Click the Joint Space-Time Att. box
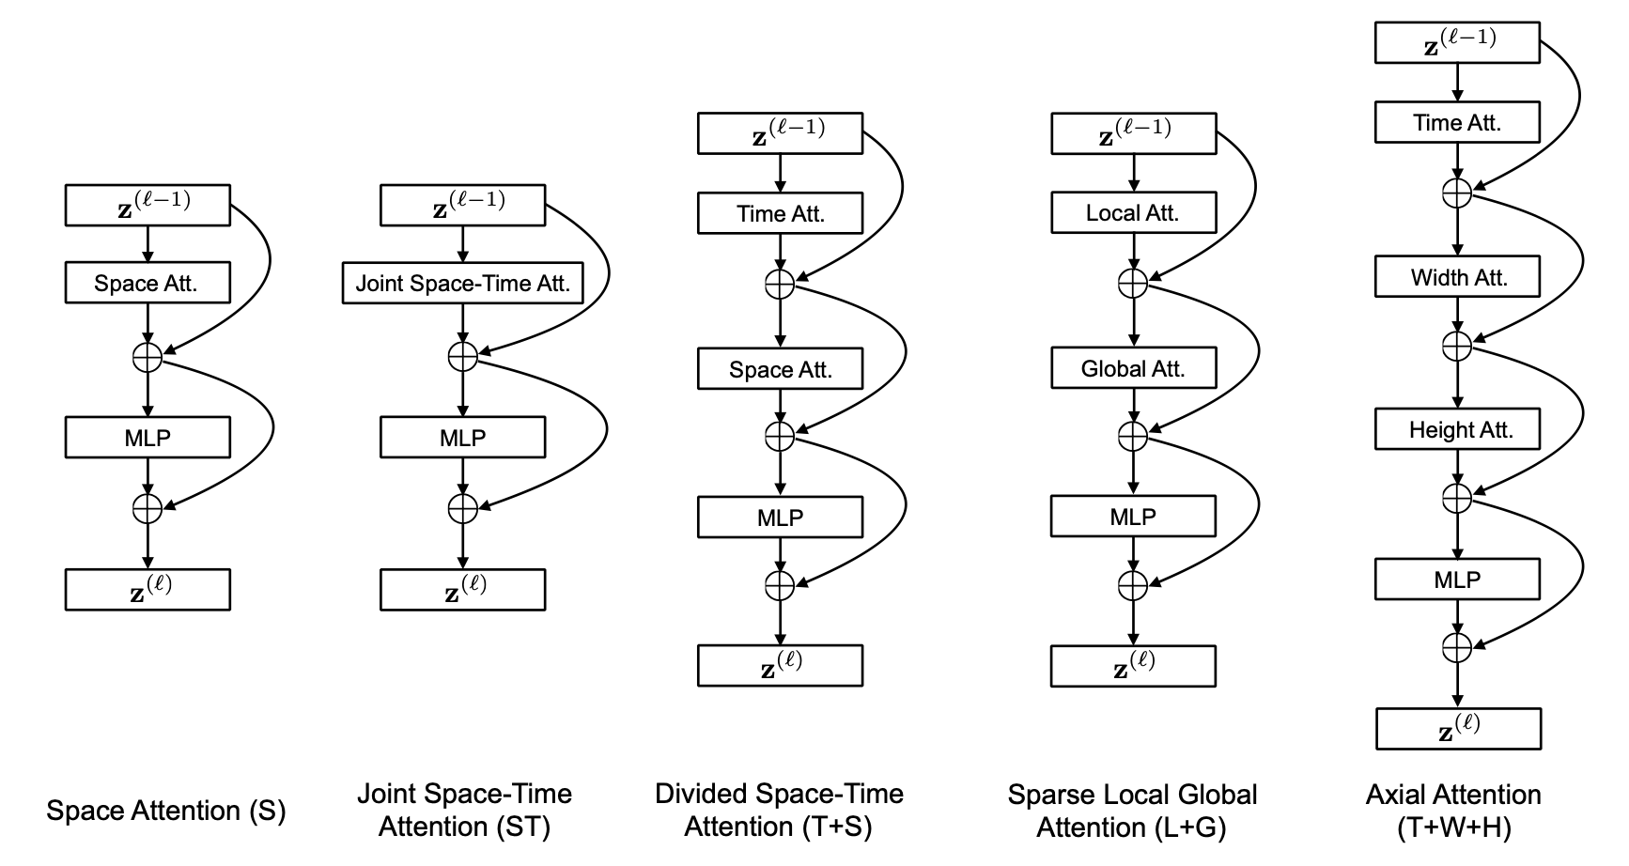click(x=462, y=284)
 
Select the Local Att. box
click(x=1133, y=212)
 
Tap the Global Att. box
click(x=1133, y=368)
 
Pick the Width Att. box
click(x=1457, y=277)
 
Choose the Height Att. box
click(x=1457, y=429)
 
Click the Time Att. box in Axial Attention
click(x=1457, y=122)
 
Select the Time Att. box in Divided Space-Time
click(x=780, y=213)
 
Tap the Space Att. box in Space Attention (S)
click(x=147, y=283)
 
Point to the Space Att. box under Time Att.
click(x=780, y=369)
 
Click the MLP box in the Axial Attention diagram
click(x=1457, y=580)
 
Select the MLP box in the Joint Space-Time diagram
click(x=462, y=438)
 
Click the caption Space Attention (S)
click(x=166, y=811)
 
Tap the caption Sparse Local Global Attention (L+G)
click(x=1132, y=811)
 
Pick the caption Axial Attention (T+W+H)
click(x=1453, y=811)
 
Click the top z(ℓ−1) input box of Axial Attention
click(x=1457, y=42)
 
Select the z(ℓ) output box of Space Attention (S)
click(x=147, y=589)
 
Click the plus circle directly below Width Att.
click(x=1457, y=346)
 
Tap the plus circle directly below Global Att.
click(x=1133, y=436)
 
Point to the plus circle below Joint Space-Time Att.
click(x=462, y=356)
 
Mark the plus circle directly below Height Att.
click(x=1457, y=497)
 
